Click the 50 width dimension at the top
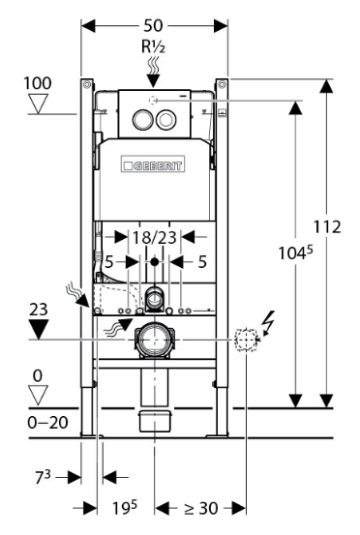[153, 25]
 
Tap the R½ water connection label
[153, 46]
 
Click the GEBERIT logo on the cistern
[153, 164]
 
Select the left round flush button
[141, 119]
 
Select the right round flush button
[165, 119]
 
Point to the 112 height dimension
[327, 227]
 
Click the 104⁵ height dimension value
[295, 253]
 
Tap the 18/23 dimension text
[154, 237]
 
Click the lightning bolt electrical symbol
[269, 322]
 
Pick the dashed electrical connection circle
[246, 340]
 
